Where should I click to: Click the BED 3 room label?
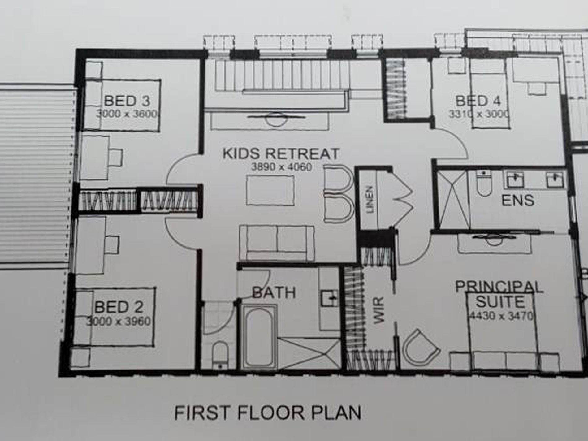[x=127, y=101]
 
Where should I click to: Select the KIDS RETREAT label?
[x=281, y=153]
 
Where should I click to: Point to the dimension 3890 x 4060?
[x=281, y=167]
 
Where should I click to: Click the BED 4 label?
[x=478, y=101]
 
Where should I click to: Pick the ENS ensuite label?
[x=518, y=200]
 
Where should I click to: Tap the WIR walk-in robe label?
[x=378, y=310]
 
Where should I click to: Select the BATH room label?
[x=274, y=292]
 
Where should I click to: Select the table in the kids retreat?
[x=270, y=190]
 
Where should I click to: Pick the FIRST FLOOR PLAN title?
[x=268, y=413]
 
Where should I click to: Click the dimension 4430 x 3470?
[x=501, y=316]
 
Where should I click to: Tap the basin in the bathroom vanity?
[x=330, y=298]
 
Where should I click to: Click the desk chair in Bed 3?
[x=116, y=157]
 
